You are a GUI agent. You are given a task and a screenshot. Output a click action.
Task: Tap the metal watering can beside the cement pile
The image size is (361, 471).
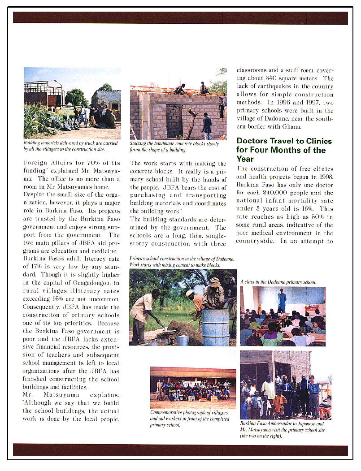tap(183, 339)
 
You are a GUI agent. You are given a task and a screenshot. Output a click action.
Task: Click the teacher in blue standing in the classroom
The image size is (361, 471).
tap(282, 300)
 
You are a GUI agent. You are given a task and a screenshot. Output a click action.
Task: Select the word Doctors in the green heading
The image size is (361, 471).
tap(252, 141)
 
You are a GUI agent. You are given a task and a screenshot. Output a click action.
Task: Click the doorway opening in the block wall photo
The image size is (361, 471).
tap(174, 121)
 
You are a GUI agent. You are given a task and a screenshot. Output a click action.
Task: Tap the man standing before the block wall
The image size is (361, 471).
tap(207, 126)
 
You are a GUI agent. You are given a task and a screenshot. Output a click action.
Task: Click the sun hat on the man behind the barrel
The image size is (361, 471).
tap(215, 282)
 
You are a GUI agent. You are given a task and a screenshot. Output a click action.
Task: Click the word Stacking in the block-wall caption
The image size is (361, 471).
tap(139, 143)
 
